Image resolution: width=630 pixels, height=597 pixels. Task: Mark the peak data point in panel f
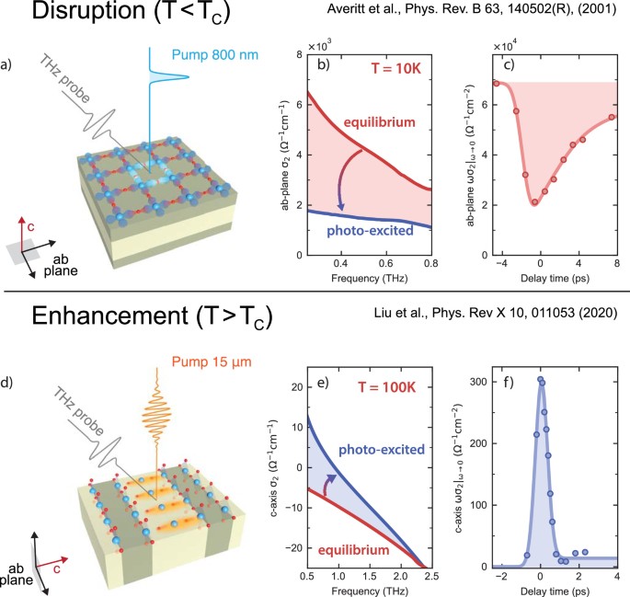tap(540, 379)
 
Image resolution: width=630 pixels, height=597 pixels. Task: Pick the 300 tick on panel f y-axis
tap(482, 380)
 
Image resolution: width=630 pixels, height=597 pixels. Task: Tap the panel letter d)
tap(11, 376)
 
